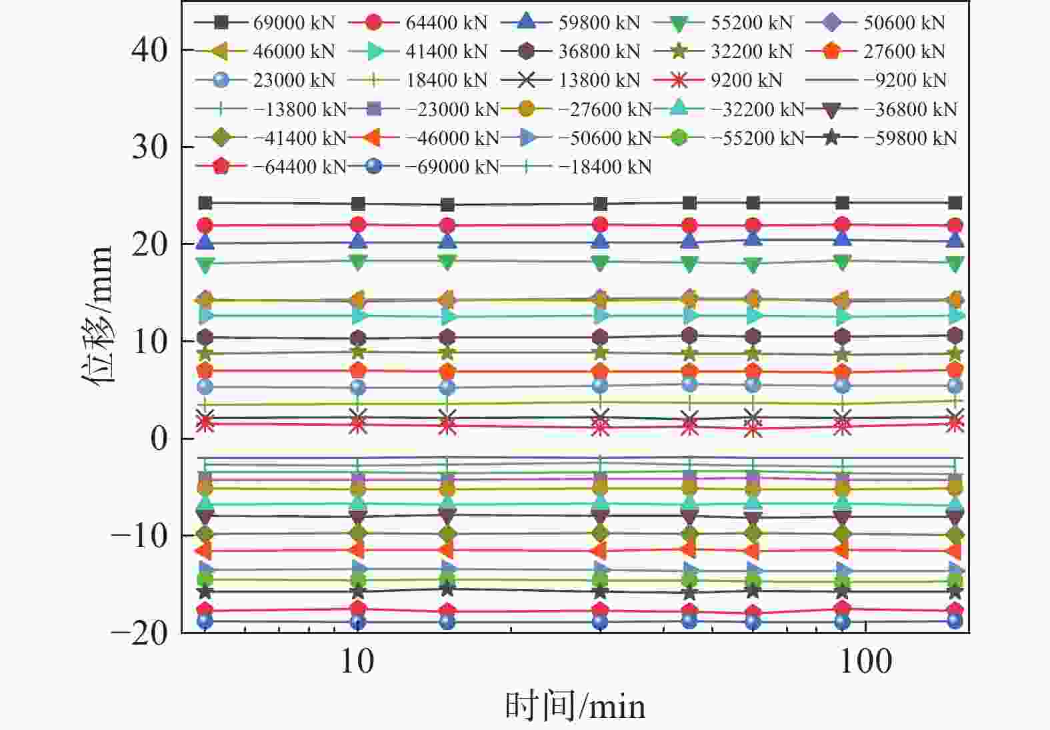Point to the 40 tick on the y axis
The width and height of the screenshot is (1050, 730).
[x=150, y=49]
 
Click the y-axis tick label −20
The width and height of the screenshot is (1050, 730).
[x=139, y=633]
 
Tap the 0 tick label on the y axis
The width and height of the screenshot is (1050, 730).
[x=159, y=438]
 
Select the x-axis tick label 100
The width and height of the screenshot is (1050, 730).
[x=865, y=661]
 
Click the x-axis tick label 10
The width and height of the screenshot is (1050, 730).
[x=357, y=661]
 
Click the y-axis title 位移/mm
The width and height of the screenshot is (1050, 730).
[x=97, y=314]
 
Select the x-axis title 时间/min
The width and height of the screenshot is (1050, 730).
[x=575, y=706]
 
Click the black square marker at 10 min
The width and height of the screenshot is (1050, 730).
[x=358, y=204]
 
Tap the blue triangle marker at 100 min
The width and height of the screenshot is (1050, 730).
[x=843, y=238]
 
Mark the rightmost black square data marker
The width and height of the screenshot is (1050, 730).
[x=955, y=203]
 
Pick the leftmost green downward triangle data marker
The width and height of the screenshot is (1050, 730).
[x=205, y=265]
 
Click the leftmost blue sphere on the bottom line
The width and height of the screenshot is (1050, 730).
[x=205, y=621]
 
